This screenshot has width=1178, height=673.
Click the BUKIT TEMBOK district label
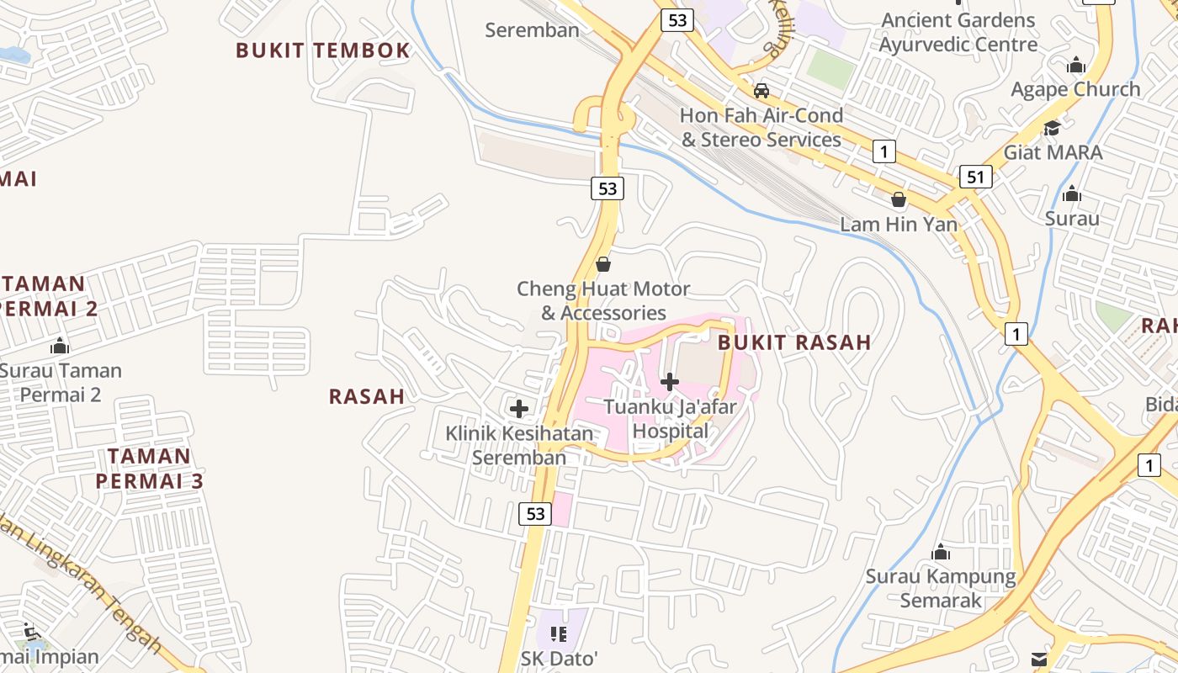pos(322,50)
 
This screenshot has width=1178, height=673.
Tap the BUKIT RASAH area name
pos(793,342)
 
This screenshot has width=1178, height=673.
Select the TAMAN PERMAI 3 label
pos(149,469)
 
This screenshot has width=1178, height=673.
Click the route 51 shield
pos(975,177)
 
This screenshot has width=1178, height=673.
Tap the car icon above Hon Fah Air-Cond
pos(761,90)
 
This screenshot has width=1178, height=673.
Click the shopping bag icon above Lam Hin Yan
pos(898,199)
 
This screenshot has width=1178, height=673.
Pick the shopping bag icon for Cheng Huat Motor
pos(602,264)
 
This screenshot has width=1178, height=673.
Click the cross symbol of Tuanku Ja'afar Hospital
pos(670,382)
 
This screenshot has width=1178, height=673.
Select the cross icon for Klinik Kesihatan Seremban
pos(519,409)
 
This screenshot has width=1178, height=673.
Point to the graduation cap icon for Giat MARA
pos(1052,128)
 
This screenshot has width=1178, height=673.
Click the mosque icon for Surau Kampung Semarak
pos(941,553)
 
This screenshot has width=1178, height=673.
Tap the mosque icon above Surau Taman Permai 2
pos(59,346)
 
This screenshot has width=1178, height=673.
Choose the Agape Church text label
pos(1075,89)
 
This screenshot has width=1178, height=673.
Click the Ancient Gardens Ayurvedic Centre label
pos(958,32)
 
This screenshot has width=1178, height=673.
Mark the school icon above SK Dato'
pos(559,633)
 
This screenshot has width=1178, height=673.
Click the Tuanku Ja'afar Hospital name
pos(670,419)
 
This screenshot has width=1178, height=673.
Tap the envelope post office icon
pos(1039,660)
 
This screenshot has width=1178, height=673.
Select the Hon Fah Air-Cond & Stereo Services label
pos(761,127)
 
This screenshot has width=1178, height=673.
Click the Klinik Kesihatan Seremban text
pos(519,446)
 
